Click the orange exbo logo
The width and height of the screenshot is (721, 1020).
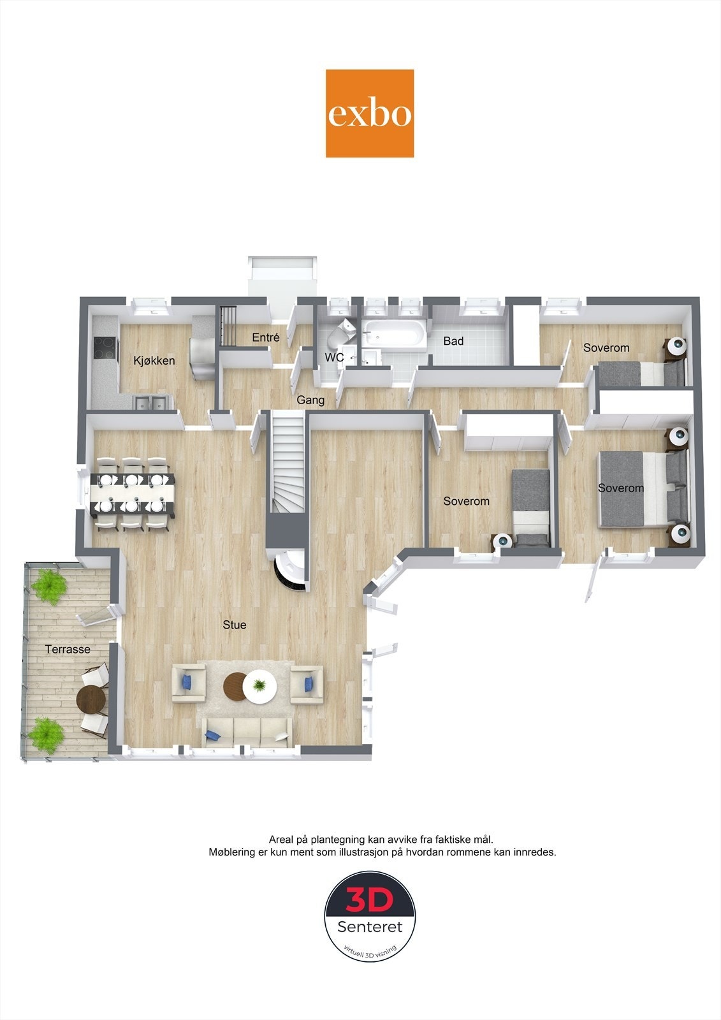(x=370, y=113)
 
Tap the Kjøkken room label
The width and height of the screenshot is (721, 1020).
(x=154, y=361)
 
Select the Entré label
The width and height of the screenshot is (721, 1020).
(x=265, y=337)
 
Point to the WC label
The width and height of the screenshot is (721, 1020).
(x=334, y=358)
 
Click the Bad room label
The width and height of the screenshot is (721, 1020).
(x=453, y=341)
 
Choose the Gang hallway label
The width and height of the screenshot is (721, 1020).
(x=310, y=400)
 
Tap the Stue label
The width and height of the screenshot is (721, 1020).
(x=234, y=625)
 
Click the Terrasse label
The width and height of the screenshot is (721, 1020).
(x=68, y=649)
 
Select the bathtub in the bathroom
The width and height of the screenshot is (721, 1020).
(x=393, y=333)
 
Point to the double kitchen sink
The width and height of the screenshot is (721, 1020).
(x=152, y=403)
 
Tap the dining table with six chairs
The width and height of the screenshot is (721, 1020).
(x=132, y=494)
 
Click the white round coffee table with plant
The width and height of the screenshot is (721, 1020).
(x=260, y=687)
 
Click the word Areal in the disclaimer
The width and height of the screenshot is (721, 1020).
(x=282, y=840)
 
